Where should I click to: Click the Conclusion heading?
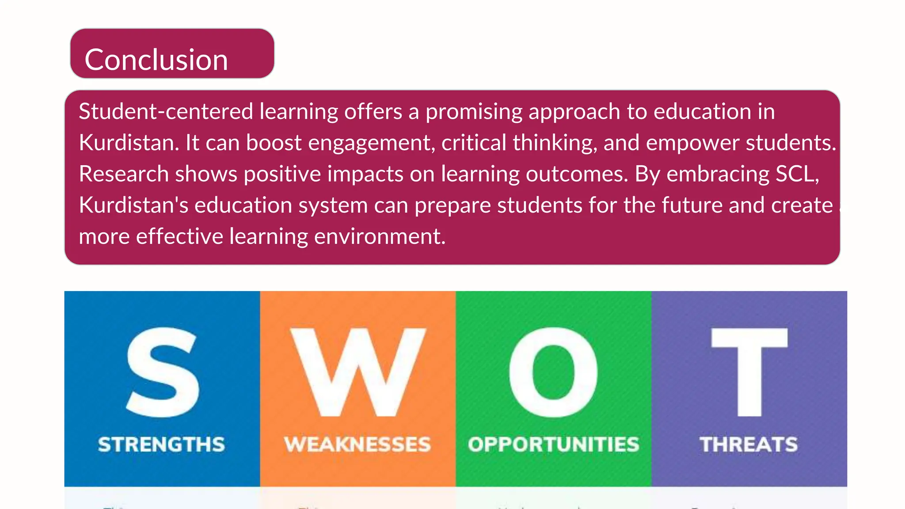click(156, 60)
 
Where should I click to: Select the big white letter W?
click(358, 372)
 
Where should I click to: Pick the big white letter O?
click(553, 372)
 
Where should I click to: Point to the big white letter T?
click(749, 372)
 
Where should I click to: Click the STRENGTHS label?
click(162, 444)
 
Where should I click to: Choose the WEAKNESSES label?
click(357, 444)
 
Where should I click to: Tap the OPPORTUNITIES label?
click(554, 444)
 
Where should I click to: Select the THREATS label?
click(749, 444)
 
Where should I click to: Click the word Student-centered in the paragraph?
click(166, 111)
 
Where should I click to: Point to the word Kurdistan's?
click(133, 205)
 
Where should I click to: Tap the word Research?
click(124, 174)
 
